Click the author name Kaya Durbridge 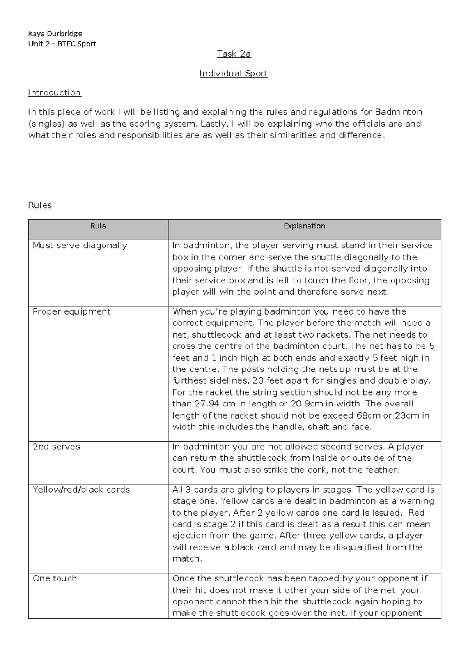coord(55,34)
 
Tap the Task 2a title coord(234,54)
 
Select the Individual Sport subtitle coord(233,73)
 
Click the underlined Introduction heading coord(54,93)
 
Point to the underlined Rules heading coord(40,205)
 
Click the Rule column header coord(98,226)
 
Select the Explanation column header coord(304,226)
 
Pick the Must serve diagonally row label coord(80,246)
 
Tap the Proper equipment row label coord(71,312)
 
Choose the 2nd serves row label coord(57,447)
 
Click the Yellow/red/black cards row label coord(81,490)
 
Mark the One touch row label coord(55,578)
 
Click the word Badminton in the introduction coord(399,112)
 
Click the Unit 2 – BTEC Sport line coord(62,44)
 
